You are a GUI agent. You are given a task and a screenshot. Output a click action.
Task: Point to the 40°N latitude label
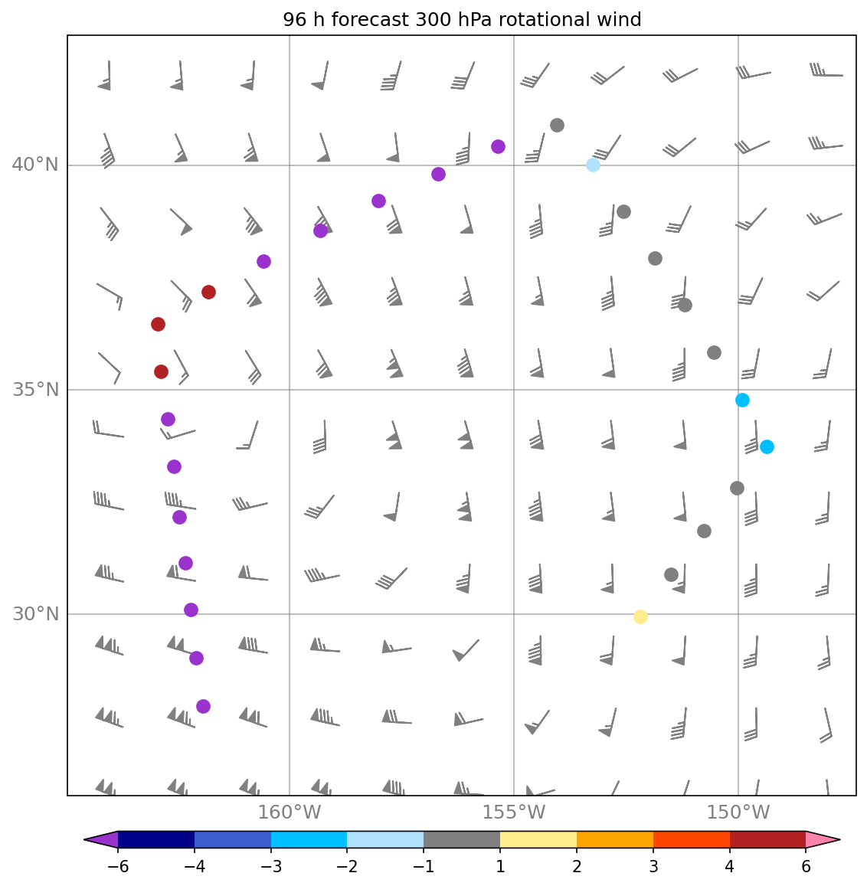34,165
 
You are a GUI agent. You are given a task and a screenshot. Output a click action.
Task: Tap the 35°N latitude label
34,390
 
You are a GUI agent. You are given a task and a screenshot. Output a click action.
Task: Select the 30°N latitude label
34,614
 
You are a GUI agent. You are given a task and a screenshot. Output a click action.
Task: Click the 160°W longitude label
290,812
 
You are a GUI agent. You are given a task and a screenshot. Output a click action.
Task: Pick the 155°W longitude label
514,812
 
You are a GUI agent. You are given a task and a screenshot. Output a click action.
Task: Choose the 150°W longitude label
738,812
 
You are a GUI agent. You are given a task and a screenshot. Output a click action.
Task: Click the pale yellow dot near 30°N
640,616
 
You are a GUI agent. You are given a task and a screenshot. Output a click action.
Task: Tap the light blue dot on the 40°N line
593,165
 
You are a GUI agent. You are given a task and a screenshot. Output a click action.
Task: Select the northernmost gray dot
558,125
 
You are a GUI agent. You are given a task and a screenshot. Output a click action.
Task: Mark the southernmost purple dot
203,706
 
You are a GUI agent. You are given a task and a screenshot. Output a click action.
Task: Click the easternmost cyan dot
767,446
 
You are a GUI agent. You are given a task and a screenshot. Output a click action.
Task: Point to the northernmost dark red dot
208,292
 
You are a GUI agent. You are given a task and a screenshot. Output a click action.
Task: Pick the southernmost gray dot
671,574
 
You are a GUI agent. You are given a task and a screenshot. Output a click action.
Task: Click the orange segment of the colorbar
614,840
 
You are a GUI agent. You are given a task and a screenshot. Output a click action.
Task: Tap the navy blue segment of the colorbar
156,840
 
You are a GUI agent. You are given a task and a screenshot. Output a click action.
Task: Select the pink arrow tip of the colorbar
823,840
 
